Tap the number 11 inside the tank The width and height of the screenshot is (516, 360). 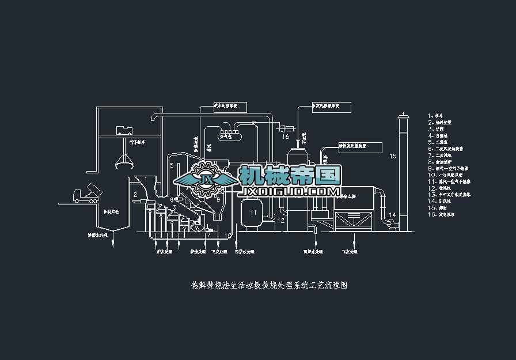pos(253,213)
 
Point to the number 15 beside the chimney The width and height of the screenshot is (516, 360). pos(393,156)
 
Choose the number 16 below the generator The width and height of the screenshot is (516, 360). pos(285,137)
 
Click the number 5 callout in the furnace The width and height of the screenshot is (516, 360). pos(172,165)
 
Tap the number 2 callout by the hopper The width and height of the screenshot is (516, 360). pos(135,195)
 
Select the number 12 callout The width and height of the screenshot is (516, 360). pos(281,221)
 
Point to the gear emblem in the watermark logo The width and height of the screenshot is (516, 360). pos(204,178)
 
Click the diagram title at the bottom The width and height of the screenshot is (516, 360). pos(269,285)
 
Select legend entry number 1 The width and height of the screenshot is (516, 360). pos(438,115)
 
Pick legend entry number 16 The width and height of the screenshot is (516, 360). pos(442,214)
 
